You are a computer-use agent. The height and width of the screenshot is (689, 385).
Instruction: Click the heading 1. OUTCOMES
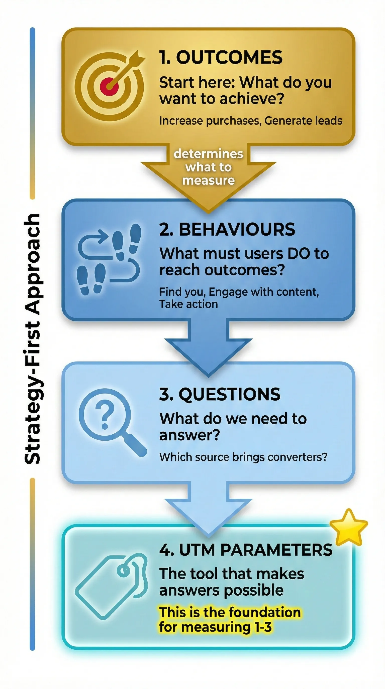pos(221,57)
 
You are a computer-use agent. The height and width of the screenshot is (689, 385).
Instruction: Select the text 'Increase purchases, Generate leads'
pos(251,121)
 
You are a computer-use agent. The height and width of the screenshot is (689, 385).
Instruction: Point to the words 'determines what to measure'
pos(208,167)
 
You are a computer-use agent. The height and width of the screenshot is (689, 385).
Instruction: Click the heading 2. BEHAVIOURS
pos(227,229)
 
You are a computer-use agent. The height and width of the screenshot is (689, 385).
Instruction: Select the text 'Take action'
pos(188,304)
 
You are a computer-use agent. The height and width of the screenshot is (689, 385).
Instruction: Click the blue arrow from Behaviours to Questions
pos(208,348)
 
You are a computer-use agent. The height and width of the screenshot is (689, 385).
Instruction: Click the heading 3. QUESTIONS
pos(220,394)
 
